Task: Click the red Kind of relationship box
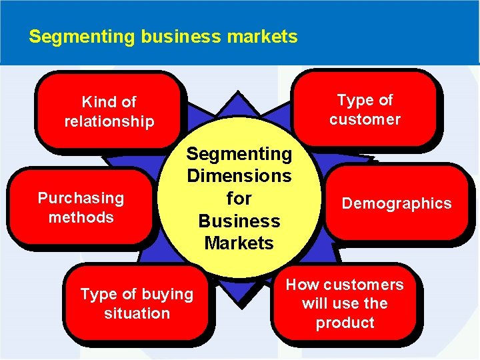click(x=109, y=111)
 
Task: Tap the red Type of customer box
click(x=365, y=109)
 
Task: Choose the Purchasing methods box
click(x=81, y=207)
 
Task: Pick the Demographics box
click(x=397, y=203)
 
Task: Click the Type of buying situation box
click(x=137, y=303)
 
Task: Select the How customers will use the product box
click(x=345, y=303)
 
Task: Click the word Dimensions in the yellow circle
click(x=239, y=176)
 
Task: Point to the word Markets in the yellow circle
click(x=239, y=243)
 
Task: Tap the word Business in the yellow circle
click(x=239, y=221)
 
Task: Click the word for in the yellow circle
click(x=239, y=198)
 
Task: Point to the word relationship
click(x=109, y=121)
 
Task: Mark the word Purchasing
click(x=81, y=198)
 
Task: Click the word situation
click(x=137, y=313)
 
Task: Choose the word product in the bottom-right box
click(x=345, y=323)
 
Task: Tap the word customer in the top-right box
click(x=365, y=119)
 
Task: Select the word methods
click(x=81, y=217)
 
